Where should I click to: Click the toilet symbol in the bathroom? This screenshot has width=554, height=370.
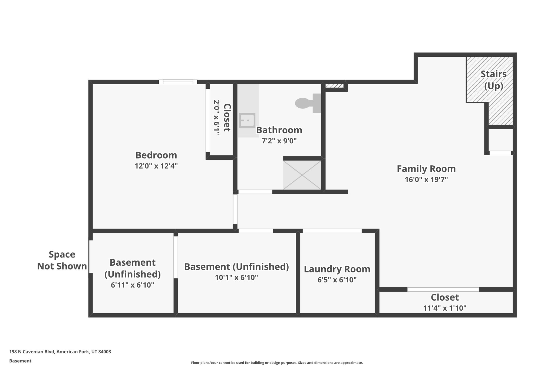[306, 103]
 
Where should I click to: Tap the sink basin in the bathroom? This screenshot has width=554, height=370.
[247, 120]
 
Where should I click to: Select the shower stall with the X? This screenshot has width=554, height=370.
[302, 175]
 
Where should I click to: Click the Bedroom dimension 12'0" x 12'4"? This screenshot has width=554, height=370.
[156, 166]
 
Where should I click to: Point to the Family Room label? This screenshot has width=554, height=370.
[426, 169]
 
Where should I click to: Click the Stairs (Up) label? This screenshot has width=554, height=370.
[493, 80]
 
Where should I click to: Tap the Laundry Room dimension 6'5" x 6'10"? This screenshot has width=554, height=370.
[337, 280]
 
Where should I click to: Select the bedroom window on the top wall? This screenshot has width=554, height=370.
[178, 82]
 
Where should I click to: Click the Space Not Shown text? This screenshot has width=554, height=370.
[62, 260]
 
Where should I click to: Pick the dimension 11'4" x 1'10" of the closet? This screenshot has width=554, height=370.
[445, 308]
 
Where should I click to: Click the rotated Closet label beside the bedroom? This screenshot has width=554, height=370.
[227, 118]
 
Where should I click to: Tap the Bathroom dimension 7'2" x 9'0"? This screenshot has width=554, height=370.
[279, 141]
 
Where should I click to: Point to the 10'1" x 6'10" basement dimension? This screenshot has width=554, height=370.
[236, 278]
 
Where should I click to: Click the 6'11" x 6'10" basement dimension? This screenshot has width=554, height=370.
[132, 285]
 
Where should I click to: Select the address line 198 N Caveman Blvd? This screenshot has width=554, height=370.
[60, 352]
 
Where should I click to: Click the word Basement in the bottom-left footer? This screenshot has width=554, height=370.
[20, 361]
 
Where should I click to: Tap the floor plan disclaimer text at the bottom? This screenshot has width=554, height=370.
[277, 363]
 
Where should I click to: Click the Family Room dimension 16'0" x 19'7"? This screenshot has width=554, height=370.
[426, 180]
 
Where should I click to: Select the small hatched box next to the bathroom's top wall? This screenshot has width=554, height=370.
[334, 86]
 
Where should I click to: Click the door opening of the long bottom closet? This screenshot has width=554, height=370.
[443, 289]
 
